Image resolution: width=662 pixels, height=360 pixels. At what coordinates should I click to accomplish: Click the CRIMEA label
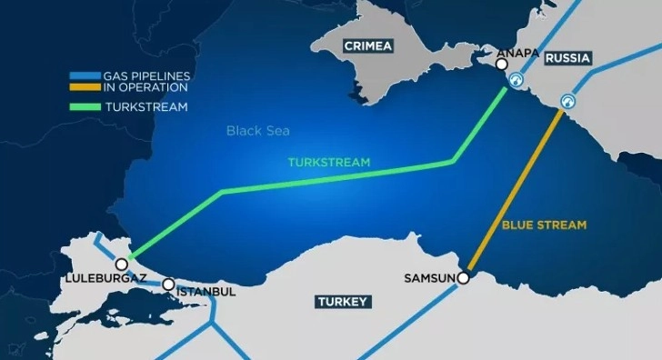pos(366,45)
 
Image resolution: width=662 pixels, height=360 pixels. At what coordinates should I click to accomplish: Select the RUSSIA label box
pos(567,58)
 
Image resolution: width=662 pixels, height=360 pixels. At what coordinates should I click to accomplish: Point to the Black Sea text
pos(257,131)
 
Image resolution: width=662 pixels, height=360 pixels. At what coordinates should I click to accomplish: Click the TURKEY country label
pos(341,301)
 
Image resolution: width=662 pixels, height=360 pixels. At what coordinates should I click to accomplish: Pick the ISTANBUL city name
pos(206,291)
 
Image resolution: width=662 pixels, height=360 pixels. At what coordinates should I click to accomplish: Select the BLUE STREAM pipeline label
pos(545,224)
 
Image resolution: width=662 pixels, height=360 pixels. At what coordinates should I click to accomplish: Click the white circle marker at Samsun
pos(463,277)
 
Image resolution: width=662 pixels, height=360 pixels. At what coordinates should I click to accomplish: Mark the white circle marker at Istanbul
pos(168,285)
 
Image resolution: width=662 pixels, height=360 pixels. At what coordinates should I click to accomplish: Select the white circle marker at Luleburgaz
pos(121,264)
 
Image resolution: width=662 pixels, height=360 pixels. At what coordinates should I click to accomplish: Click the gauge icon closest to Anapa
pos(517,80)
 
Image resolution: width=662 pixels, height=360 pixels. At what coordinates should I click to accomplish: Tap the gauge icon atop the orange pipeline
pos(569,101)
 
